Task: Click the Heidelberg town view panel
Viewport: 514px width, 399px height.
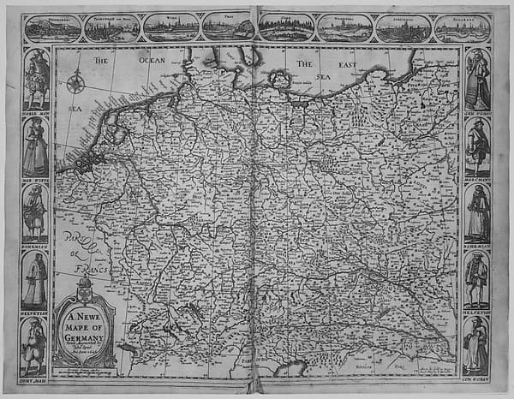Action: point(52,28)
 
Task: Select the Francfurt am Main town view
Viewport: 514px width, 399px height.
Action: point(111,28)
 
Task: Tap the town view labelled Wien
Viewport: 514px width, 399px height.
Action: point(170,27)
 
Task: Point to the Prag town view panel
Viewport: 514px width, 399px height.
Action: point(227,27)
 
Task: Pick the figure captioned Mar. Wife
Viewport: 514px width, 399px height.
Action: point(35,146)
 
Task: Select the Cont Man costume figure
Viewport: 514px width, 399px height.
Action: point(35,347)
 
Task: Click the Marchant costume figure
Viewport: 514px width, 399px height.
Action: point(477,146)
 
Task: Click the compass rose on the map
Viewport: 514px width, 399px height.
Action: point(76,84)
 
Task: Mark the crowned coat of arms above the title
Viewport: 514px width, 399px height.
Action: point(84,289)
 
